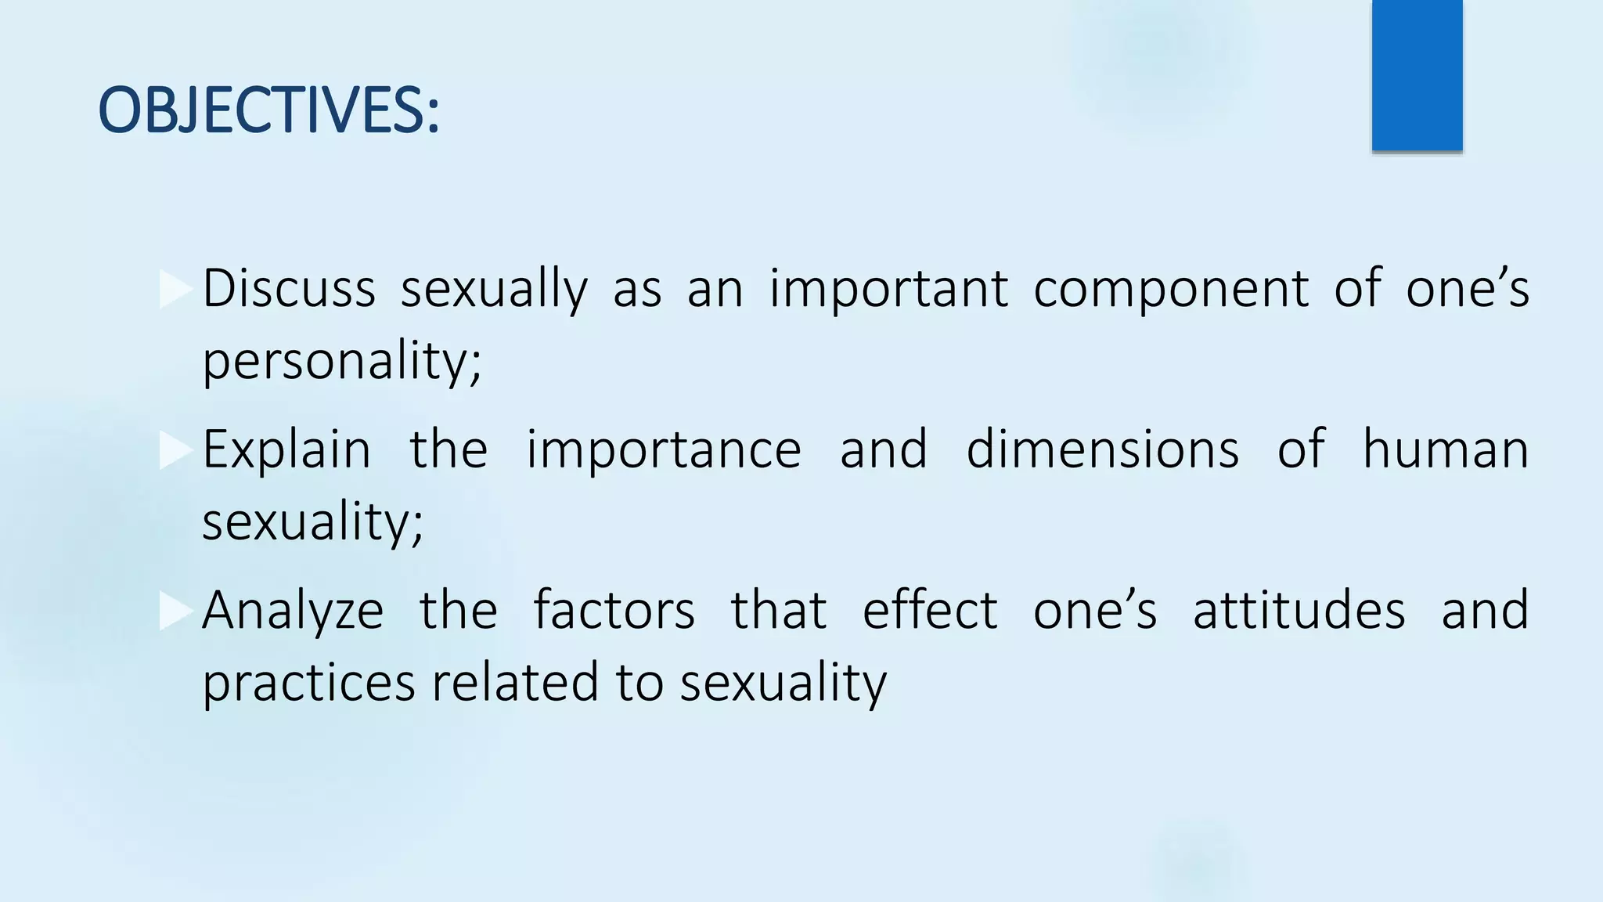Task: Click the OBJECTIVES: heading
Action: click(x=268, y=110)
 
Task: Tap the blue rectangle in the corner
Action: click(x=1417, y=75)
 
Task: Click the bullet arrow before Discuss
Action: click(x=175, y=289)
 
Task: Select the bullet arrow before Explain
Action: click(x=175, y=450)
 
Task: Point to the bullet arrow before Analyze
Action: click(x=175, y=612)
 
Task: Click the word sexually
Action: click(x=494, y=290)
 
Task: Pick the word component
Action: click(x=1171, y=289)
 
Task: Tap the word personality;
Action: click(x=342, y=362)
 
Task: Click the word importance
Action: click(x=664, y=450)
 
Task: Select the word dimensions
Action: click(x=1103, y=450)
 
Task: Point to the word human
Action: click(x=1446, y=450)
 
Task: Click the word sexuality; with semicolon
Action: click(x=313, y=522)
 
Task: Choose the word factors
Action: click(x=614, y=611)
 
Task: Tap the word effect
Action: click(x=930, y=611)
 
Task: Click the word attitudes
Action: click(x=1299, y=611)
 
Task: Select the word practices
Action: click(x=308, y=683)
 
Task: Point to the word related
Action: click(x=516, y=683)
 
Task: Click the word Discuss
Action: click(x=289, y=289)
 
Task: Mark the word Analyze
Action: click(x=293, y=612)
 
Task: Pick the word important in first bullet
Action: click(x=888, y=289)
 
